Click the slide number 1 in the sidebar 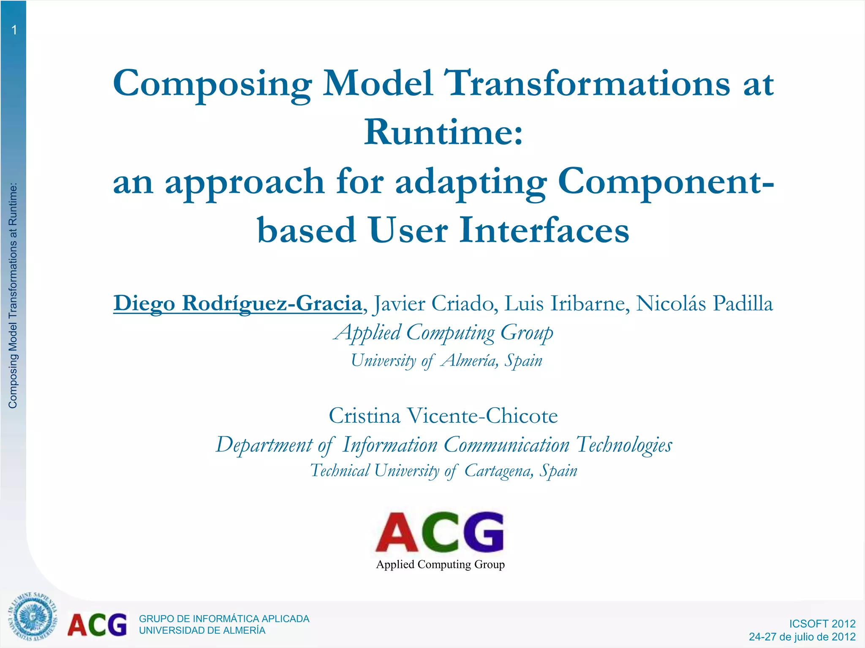(x=14, y=30)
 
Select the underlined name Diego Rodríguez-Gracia (x=237, y=304)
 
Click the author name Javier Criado (x=433, y=304)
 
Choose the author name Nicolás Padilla (x=705, y=304)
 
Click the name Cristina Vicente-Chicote (x=443, y=416)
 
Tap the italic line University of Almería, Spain (x=446, y=361)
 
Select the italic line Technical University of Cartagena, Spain (x=443, y=471)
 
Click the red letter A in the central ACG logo (x=397, y=533)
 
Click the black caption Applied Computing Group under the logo (x=440, y=564)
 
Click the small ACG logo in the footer (x=97, y=625)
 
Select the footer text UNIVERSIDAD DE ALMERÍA (x=202, y=631)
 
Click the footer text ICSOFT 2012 (x=822, y=624)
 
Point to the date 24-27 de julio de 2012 (x=802, y=637)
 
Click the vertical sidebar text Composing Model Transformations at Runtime (x=13, y=295)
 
